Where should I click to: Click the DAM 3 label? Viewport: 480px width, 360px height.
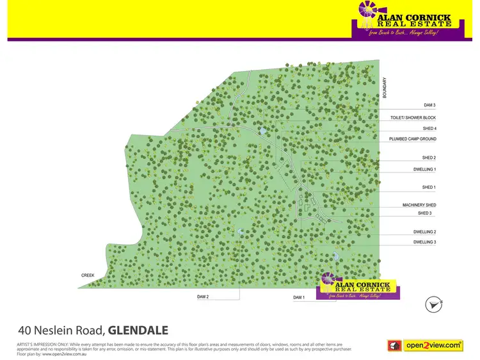pos(429,105)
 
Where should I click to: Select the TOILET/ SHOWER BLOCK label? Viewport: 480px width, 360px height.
pos(413,118)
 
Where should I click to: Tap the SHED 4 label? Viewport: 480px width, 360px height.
pos(429,129)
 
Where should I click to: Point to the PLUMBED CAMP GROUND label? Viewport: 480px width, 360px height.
pos(412,139)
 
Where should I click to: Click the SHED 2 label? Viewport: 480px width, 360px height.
pos(429,158)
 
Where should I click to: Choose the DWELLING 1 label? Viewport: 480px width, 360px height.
pos(425,169)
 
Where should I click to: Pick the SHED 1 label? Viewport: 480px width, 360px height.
pos(429,187)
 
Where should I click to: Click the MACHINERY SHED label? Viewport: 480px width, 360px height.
pos(419,205)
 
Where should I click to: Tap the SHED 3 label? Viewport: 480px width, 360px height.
pos(425,213)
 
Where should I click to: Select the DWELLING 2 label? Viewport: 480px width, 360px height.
pos(425,232)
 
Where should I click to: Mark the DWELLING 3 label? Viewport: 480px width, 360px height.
pos(425,242)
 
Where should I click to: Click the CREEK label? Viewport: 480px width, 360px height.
pos(88,275)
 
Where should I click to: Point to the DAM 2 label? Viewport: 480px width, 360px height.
pos(203,297)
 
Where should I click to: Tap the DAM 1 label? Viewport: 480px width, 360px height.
pos(300,298)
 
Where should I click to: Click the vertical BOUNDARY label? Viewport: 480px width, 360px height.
pos(385,88)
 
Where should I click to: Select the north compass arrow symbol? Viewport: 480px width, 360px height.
pos(434,305)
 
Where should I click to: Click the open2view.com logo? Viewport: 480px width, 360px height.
pos(425,345)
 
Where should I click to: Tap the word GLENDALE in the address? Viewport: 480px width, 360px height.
pos(138,331)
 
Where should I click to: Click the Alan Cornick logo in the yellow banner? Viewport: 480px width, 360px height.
pos(402,19)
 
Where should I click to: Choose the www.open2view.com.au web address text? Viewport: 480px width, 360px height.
pos(63,354)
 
